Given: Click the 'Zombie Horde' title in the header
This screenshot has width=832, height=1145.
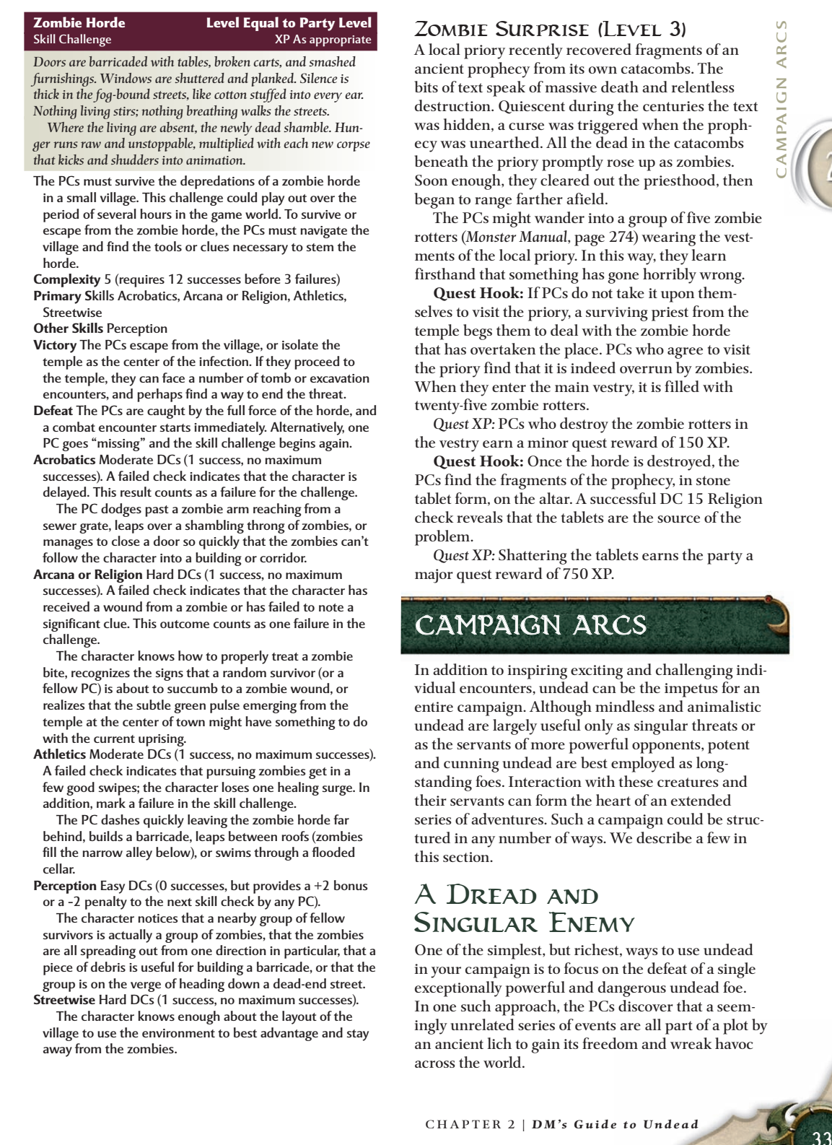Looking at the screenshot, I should click(79, 23).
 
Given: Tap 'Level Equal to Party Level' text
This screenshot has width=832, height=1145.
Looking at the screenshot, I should click(289, 23).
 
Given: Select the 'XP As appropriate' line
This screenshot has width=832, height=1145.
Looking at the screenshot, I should click(323, 40).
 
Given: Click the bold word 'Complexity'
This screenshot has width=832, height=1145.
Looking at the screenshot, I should click(67, 279).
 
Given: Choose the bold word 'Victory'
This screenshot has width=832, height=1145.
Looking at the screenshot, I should click(55, 345).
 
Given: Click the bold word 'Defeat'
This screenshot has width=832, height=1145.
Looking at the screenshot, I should click(53, 411).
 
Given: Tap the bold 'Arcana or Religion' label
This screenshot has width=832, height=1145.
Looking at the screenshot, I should click(88, 575).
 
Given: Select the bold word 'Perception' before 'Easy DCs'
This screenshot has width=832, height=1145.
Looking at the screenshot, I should click(65, 886).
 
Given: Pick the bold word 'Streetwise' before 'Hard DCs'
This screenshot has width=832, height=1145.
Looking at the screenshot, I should click(64, 1000).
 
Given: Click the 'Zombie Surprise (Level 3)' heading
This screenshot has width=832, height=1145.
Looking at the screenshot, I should click(550, 30).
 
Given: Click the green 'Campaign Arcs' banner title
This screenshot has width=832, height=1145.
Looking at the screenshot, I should click(530, 625).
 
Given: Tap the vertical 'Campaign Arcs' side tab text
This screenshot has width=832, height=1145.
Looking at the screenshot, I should click(781, 99).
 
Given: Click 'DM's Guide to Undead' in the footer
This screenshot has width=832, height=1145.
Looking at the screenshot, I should click(615, 1124).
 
